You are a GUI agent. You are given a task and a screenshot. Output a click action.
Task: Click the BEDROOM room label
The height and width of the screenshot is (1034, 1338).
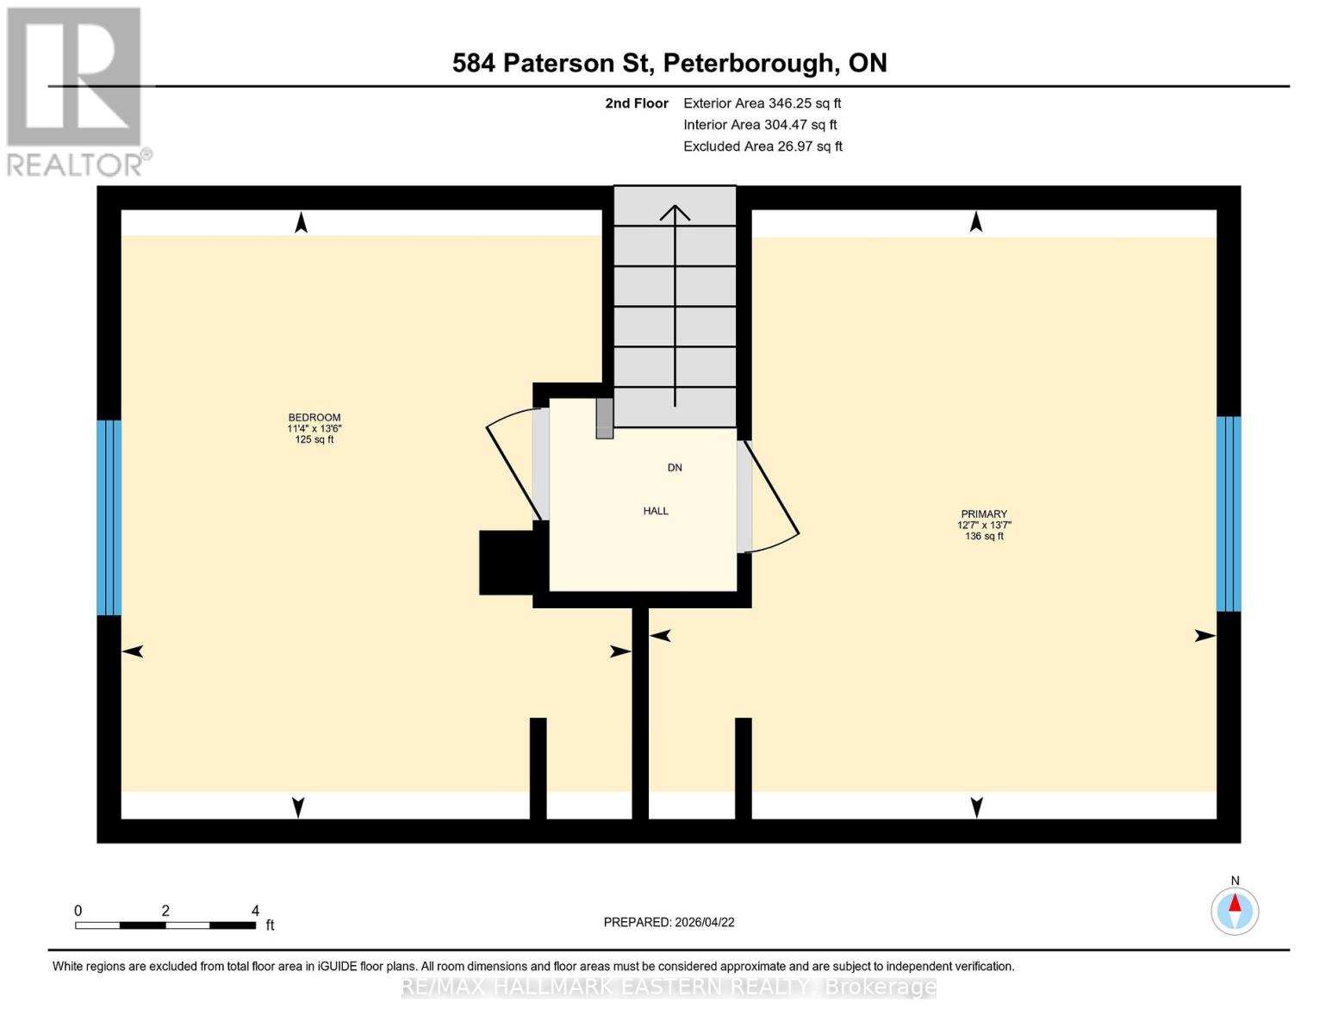[314, 418]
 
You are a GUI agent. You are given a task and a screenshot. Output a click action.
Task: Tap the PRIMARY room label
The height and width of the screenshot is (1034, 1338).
[984, 514]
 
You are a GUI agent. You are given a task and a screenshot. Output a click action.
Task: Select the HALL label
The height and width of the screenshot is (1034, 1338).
[656, 511]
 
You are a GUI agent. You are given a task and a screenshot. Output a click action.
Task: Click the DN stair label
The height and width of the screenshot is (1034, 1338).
[675, 468]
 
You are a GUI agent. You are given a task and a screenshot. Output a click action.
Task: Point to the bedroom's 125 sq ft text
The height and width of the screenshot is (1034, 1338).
[314, 439]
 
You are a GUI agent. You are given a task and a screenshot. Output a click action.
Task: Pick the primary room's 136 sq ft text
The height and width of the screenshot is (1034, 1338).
[984, 536]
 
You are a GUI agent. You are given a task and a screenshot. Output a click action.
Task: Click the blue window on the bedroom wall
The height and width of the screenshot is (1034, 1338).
[109, 517]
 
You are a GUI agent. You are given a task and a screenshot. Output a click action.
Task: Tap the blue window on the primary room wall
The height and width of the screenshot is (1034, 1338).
[1228, 514]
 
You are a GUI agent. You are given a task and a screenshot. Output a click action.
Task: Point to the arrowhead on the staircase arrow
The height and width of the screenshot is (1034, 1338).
[675, 211]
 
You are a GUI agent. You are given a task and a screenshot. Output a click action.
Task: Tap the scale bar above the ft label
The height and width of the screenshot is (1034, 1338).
[165, 925]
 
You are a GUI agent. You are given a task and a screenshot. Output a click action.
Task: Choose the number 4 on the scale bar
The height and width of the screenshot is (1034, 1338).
[255, 911]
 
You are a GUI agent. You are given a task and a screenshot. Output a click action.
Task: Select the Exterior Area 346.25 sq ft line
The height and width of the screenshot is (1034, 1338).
[762, 103]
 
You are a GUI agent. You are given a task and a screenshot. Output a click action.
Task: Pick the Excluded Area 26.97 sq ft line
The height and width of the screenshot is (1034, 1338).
[762, 146]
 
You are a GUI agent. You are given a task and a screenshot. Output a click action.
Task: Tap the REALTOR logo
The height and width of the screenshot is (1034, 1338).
[76, 90]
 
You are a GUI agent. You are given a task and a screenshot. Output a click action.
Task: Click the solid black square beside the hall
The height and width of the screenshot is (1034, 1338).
[507, 562]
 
